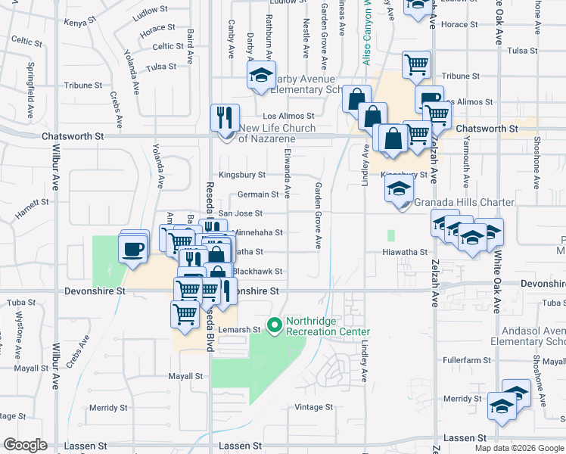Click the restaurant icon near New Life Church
click(x=225, y=118)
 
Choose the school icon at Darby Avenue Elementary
click(x=260, y=76)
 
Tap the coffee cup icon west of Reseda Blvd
click(x=133, y=249)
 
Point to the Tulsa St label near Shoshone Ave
click(x=522, y=51)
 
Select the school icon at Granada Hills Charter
click(x=399, y=189)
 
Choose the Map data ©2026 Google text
click(x=519, y=448)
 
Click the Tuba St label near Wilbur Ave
click(x=17, y=303)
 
